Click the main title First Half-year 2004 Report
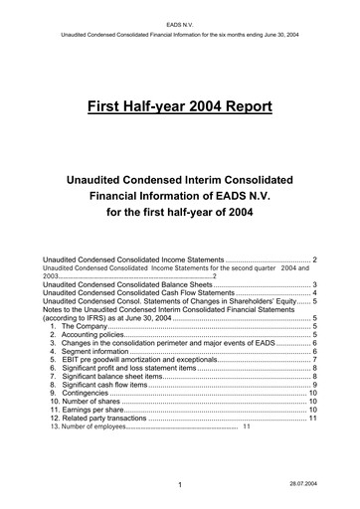point(179,106)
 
